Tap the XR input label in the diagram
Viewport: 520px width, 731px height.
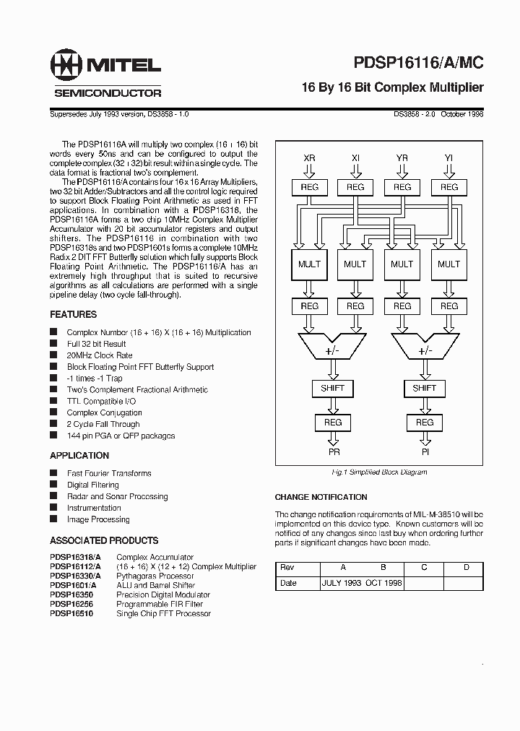click(309, 157)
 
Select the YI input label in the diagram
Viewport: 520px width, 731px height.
click(448, 157)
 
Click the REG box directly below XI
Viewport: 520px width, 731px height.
click(355, 187)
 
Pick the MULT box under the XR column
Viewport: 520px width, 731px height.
click(309, 264)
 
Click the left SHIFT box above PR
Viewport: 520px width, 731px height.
click(332, 388)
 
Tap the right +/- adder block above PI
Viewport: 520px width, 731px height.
click(425, 350)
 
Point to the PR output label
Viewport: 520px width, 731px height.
click(333, 451)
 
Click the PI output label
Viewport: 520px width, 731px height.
click(425, 451)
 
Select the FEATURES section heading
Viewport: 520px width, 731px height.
click(73, 315)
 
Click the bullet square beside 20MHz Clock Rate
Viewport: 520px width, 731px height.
click(53, 355)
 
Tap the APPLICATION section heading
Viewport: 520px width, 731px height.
click(79, 456)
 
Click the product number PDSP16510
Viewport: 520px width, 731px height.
click(71, 613)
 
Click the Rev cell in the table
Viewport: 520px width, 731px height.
click(287, 567)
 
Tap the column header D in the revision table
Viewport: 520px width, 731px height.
click(466, 567)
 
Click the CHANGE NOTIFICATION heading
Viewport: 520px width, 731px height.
click(321, 497)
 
